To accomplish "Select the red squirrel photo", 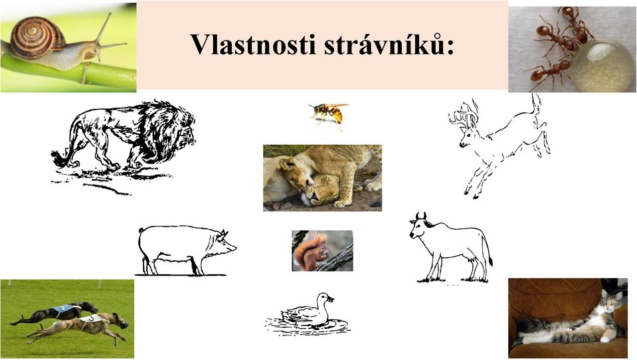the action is (x=322, y=250).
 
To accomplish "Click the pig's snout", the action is (x=232, y=246).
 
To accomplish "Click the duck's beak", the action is (x=331, y=300).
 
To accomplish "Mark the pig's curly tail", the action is (x=141, y=230).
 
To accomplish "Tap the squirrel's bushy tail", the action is (x=304, y=252).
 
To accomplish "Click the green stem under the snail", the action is (x=69, y=72).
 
